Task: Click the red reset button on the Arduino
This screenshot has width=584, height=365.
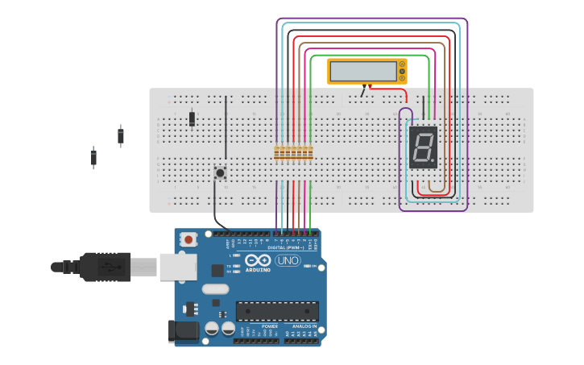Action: [x=188, y=239]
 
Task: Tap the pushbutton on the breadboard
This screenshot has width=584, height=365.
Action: [x=219, y=172]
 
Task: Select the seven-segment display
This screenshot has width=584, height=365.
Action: [x=423, y=147]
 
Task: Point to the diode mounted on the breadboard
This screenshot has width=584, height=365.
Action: [x=192, y=118]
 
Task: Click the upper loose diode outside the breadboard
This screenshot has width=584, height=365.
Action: [x=121, y=136]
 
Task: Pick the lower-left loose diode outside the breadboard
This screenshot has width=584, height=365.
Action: [x=93, y=157]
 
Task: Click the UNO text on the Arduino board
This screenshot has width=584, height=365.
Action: [x=288, y=260]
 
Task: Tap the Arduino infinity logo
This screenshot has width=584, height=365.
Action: [x=258, y=260]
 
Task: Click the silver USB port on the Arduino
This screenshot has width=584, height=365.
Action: [x=178, y=267]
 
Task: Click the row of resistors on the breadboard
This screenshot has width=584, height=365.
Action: [x=293, y=152]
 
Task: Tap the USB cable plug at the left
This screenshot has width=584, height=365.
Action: [x=105, y=267]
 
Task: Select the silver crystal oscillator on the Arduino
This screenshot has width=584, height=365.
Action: [x=215, y=288]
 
